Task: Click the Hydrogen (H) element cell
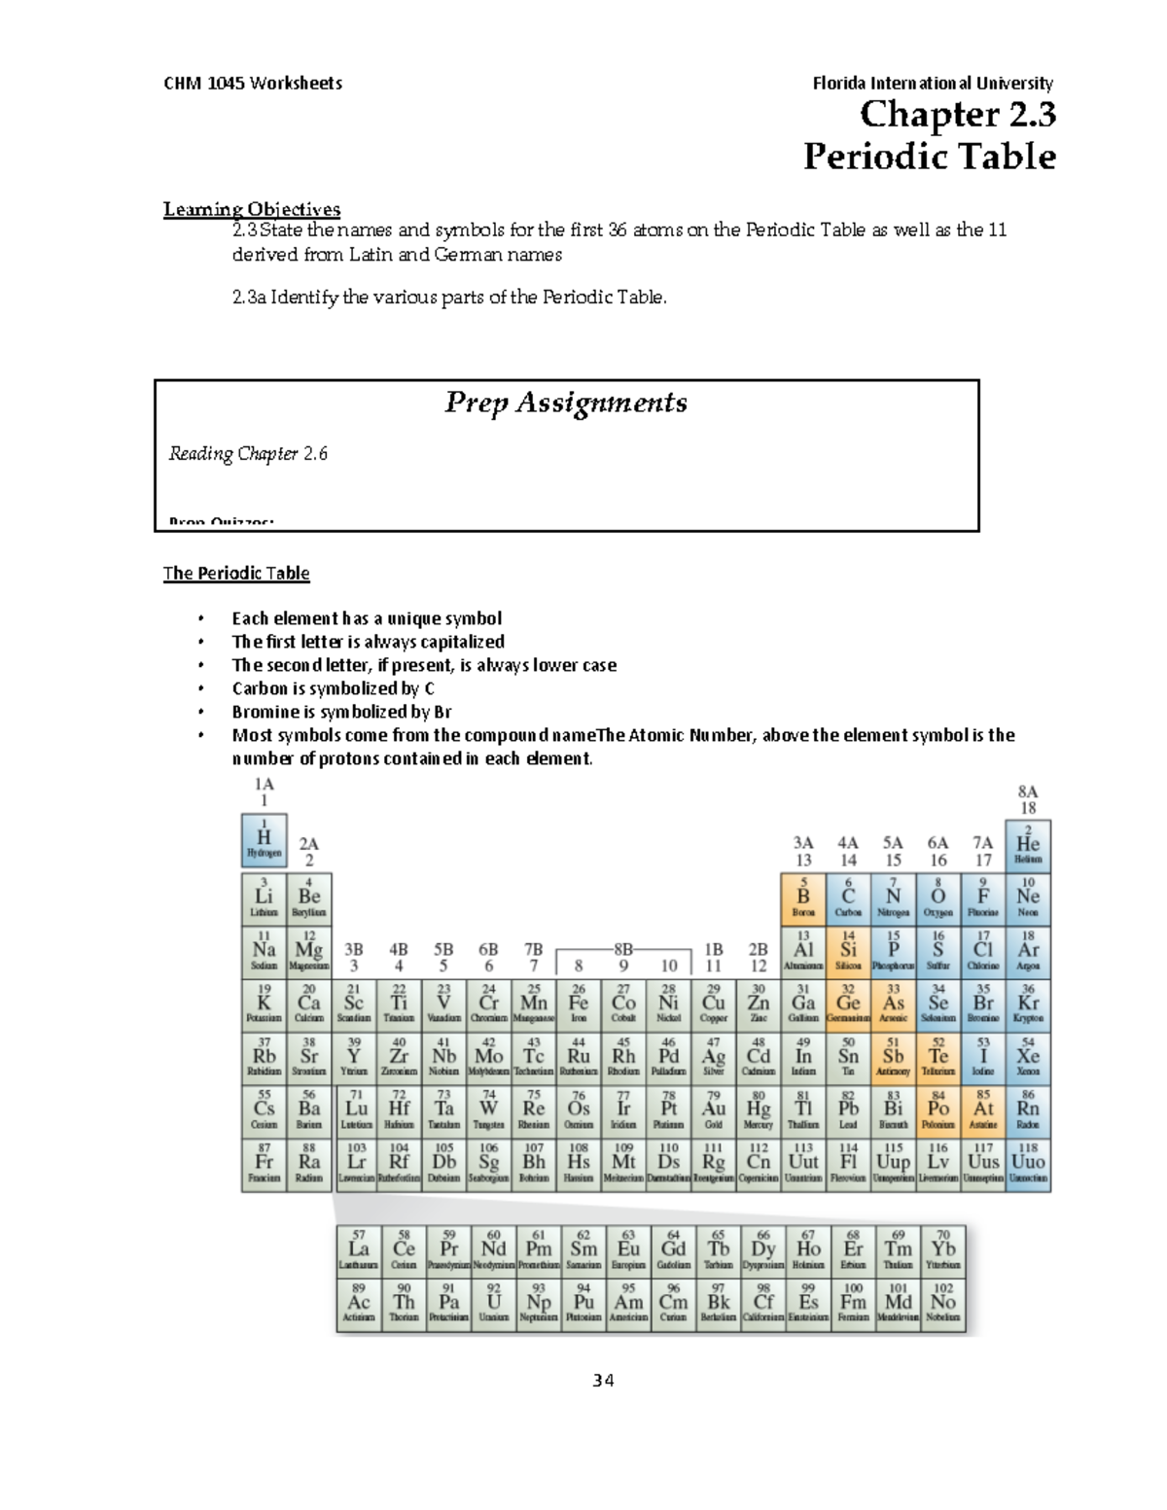coord(264,840)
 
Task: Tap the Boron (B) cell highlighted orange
coord(803,898)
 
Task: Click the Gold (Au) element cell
coord(714,1111)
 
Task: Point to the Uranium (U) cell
coord(494,1304)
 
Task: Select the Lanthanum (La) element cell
coord(359,1251)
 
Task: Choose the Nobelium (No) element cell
coord(942,1304)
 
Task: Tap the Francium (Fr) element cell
coord(264,1165)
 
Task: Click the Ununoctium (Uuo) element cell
coord(1028,1165)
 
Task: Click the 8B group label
coord(623,948)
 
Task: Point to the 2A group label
coord(308,844)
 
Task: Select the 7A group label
coord(983,843)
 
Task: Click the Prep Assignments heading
coord(566,403)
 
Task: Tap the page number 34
coord(603,1381)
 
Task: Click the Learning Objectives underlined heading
coord(252,209)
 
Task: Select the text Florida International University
coord(932,84)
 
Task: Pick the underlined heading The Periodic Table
coord(236,574)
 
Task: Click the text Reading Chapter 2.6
coord(248,454)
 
